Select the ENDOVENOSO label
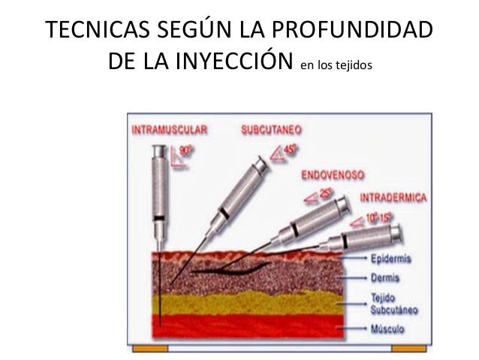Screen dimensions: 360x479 [x=333, y=174]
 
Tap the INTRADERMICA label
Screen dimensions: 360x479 [x=394, y=198]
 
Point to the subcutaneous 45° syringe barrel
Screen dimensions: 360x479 [x=241, y=192]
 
